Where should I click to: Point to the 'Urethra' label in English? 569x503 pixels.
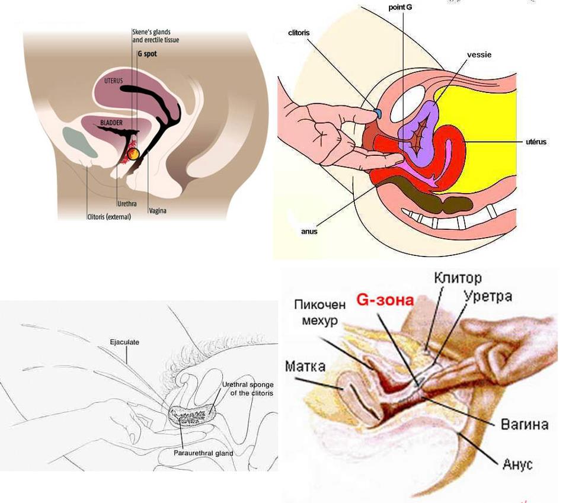(127, 204)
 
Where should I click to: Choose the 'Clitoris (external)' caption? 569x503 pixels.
(110, 217)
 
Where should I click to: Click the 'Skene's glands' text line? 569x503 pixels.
(151, 33)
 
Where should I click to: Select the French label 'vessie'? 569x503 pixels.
(479, 55)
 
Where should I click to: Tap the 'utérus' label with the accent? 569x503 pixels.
(536, 142)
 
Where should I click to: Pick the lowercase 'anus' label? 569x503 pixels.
(309, 232)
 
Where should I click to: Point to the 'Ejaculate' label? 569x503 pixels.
(124, 342)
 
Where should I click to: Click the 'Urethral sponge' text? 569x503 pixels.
(248, 385)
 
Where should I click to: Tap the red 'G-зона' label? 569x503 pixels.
(385, 300)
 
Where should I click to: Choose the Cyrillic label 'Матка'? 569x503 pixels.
(305, 366)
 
